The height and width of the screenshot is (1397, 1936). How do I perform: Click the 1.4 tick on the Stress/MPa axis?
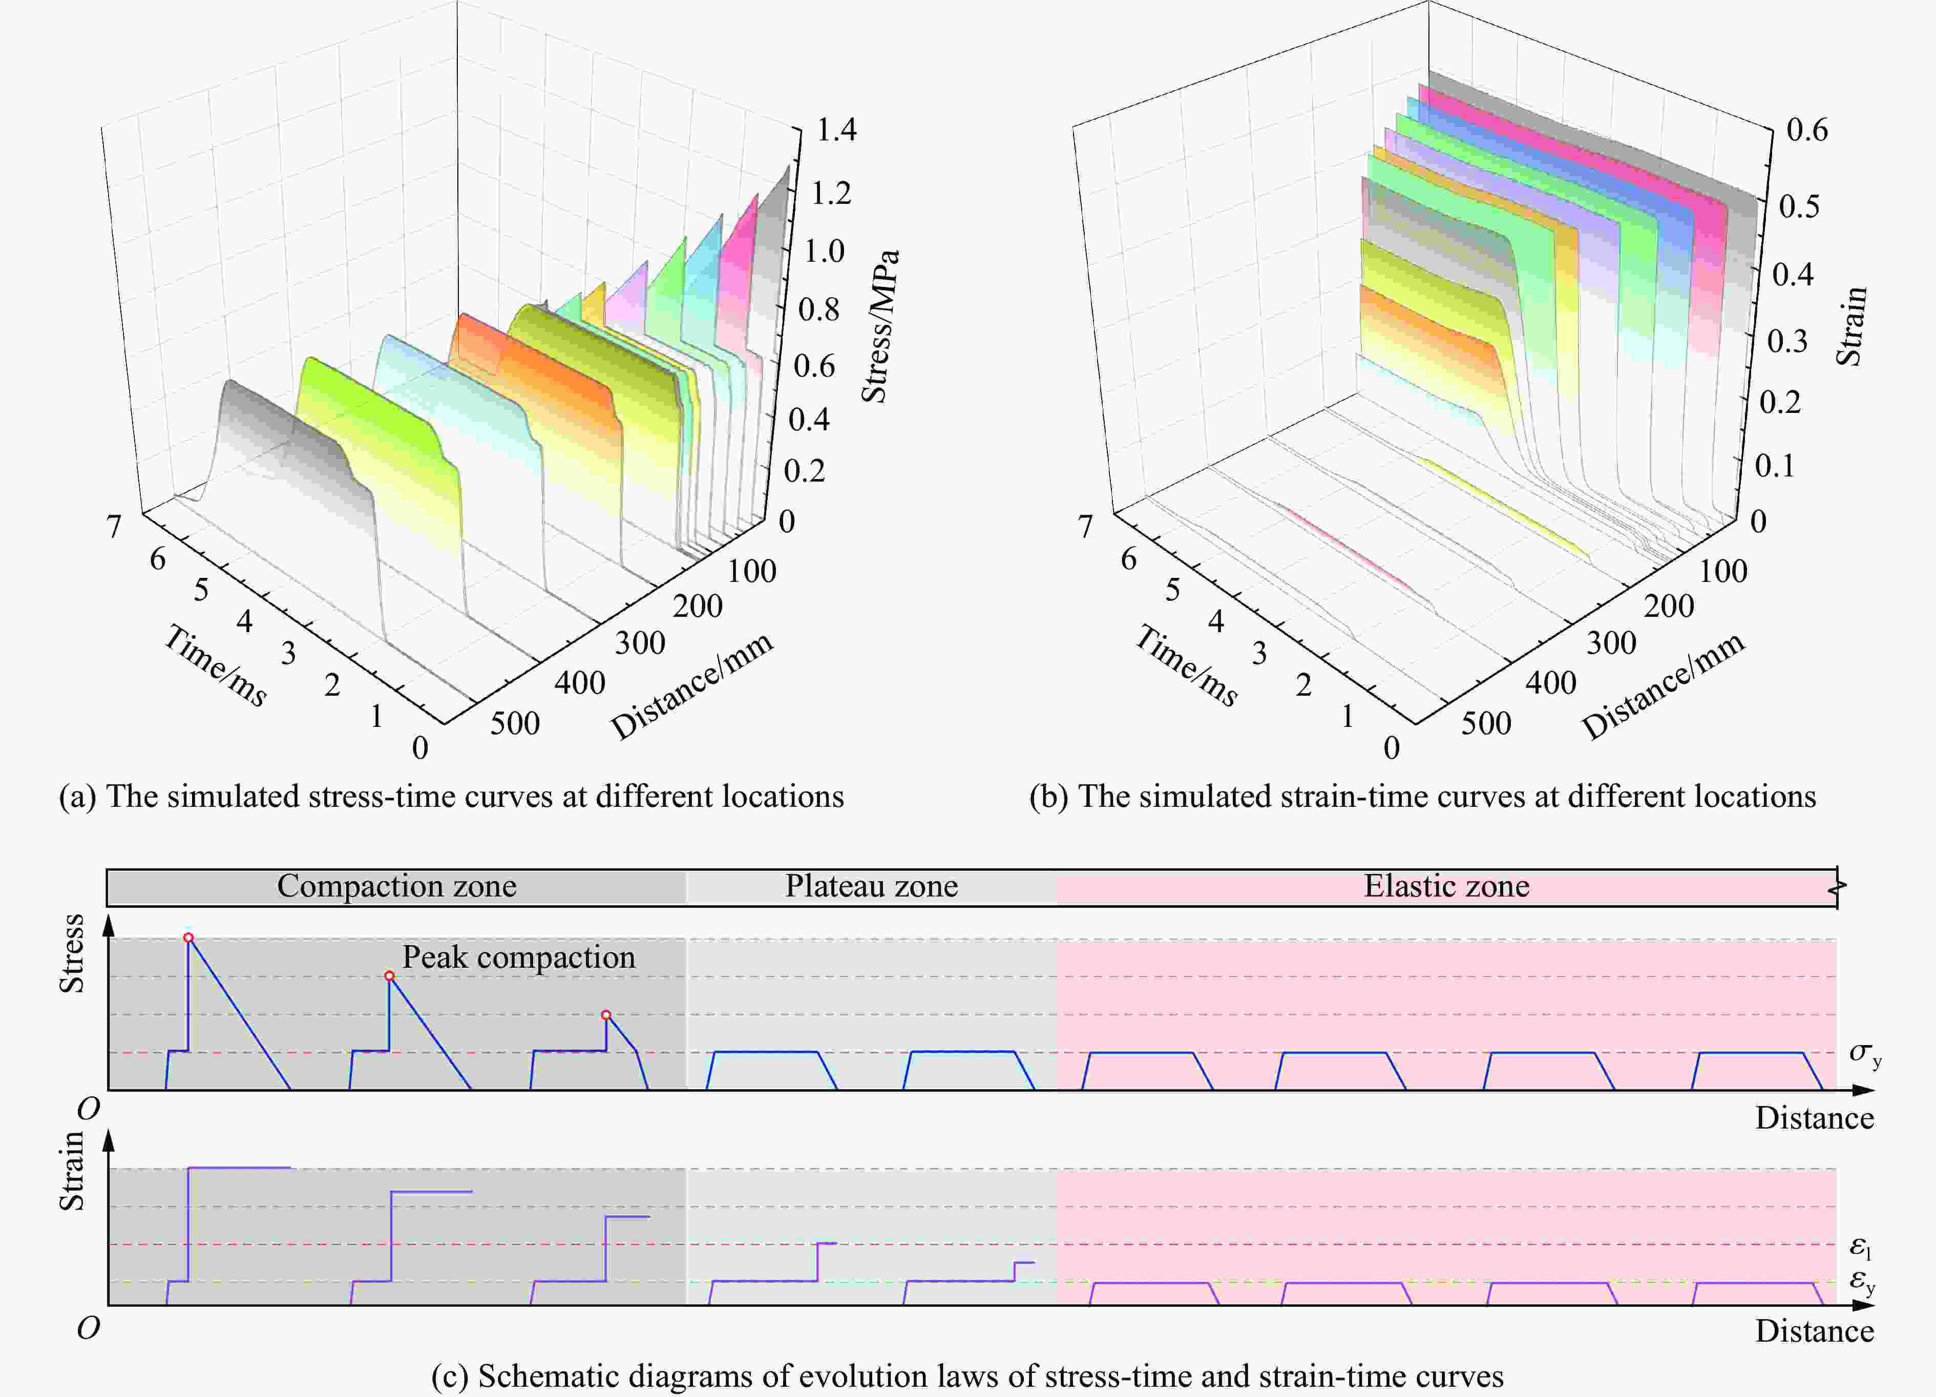click(836, 130)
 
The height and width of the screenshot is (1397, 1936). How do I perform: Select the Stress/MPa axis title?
click(879, 326)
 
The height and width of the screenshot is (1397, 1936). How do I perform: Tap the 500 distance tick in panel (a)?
click(515, 723)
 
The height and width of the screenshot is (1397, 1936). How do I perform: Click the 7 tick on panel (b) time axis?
click(1085, 526)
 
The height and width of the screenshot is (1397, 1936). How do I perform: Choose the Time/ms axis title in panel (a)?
click(215, 665)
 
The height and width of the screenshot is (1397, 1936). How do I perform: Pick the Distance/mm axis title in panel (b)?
click(1663, 685)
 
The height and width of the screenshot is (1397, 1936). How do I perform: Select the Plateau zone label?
click(872, 886)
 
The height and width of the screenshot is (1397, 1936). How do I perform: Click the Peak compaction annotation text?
click(519, 957)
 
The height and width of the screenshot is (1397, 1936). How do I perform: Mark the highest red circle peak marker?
click(188, 937)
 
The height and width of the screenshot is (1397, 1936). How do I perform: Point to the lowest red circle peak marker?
click(606, 1015)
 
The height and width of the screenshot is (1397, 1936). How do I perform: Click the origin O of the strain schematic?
click(89, 1328)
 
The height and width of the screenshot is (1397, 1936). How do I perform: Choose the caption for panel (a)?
click(451, 797)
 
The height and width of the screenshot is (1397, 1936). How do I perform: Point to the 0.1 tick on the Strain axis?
click(1774, 466)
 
